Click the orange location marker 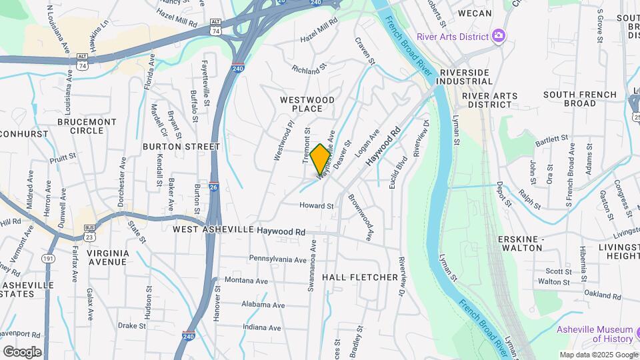tap(320, 159)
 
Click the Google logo tap(22, 351)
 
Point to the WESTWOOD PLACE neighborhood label tap(307, 104)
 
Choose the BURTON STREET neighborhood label tap(181, 146)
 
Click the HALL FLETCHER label tap(360, 277)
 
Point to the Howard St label tap(316, 206)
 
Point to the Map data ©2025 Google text tap(597, 355)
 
